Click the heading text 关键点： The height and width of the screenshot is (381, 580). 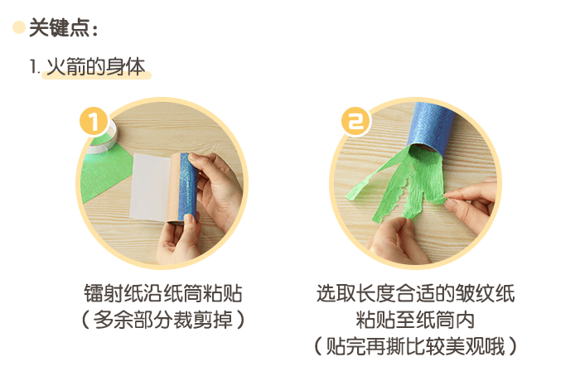point(64,29)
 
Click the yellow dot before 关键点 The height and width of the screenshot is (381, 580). point(18,28)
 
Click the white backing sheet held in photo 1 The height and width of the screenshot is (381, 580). point(148,186)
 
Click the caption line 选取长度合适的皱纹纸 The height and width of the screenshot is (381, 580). point(415,294)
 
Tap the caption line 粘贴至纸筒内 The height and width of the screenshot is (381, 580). point(415,319)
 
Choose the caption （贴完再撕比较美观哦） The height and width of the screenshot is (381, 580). point(415,345)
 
